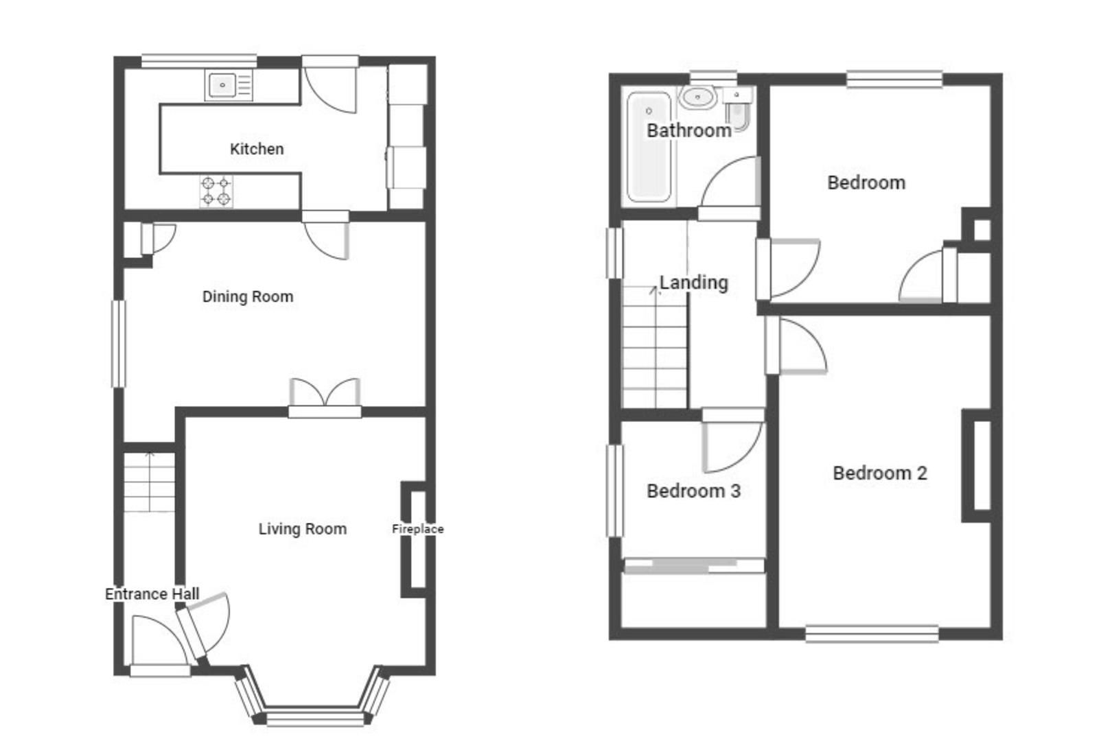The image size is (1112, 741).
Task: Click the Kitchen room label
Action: coord(256,149)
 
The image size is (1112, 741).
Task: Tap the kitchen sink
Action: coord(224,86)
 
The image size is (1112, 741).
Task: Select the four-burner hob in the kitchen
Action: coord(216,191)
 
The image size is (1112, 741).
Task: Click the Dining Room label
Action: coord(247,296)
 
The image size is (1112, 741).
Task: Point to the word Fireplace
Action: coord(417,529)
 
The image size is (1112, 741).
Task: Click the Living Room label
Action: coord(302,529)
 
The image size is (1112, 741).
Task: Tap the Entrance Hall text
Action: coord(152,594)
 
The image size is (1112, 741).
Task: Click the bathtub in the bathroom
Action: coord(648,148)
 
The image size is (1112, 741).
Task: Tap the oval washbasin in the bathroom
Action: coord(698,97)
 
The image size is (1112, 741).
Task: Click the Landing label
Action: coord(693,283)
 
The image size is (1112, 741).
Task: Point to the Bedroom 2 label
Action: coord(879,473)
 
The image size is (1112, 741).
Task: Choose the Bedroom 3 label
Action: coord(693,491)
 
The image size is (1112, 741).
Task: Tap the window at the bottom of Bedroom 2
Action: coord(872,633)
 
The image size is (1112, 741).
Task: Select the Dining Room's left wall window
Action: coord(119,343)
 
